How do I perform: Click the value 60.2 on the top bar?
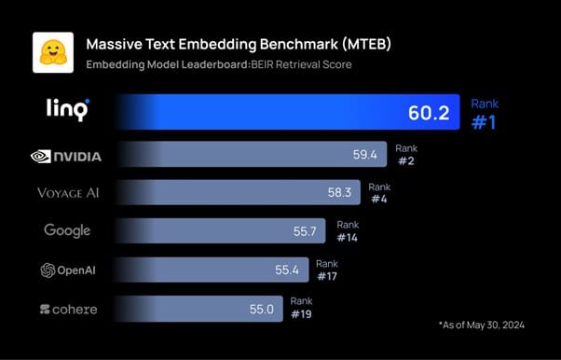coord(429,114)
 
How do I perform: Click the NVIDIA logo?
coord(67,156)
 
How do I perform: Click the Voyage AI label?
coord(67,193)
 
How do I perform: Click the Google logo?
coord(67,230)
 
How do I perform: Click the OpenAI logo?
coord(67,270)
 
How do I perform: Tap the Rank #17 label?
coord(327,270)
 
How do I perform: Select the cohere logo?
coord(68,309)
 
